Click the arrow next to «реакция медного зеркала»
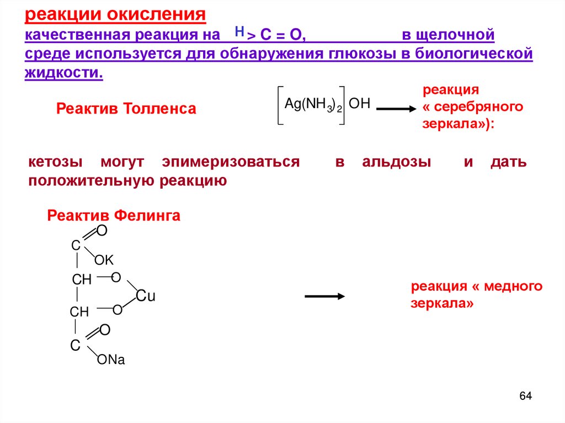point(324,296)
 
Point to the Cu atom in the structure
point(146,296)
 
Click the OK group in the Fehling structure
point(103,260)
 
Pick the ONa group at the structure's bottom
point(111,360)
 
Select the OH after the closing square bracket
point(359,103)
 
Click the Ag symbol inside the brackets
point(291,104)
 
